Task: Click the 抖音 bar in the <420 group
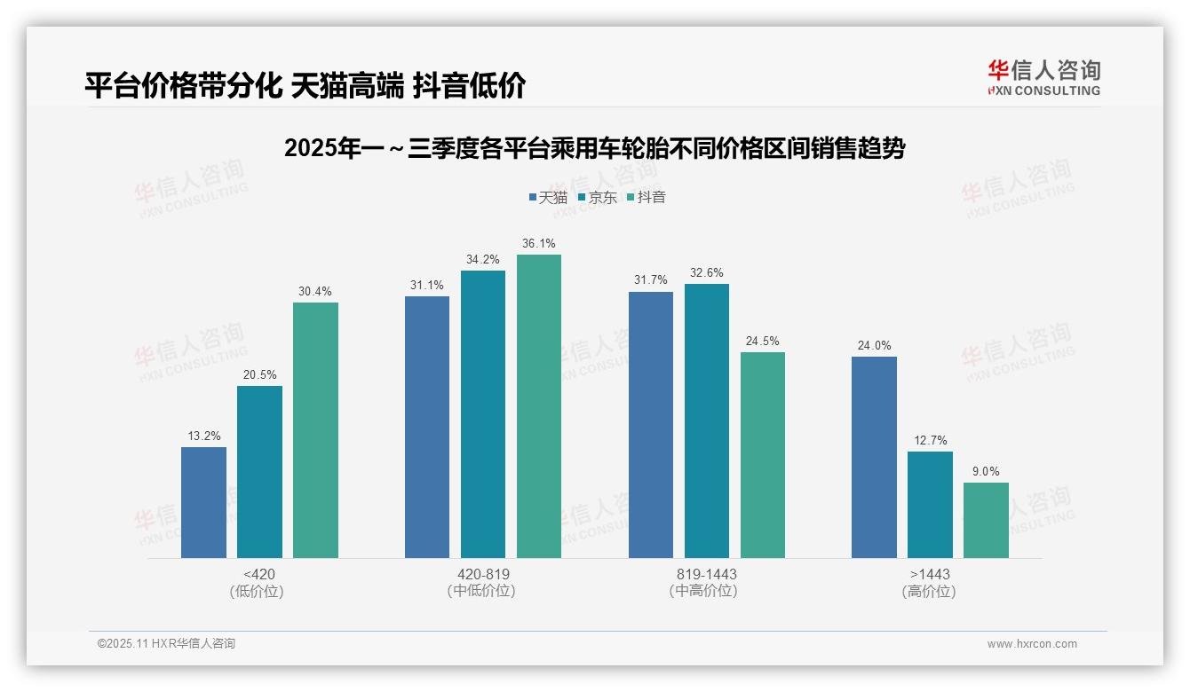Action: [x=315, y=430]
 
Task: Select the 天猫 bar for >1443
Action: [x=874, y=457]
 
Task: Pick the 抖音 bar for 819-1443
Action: [x=763, y=455]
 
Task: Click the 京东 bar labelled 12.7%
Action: [x=930, y=505]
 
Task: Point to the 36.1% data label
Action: [x=539, y=244]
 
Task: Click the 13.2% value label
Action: [x=203, y=436]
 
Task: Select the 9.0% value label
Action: [x=986, y=472]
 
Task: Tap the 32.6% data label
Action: [x=707, y=273]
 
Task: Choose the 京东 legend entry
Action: [x=597, y=197]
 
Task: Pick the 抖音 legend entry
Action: [x=647, y=197]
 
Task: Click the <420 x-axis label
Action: [x=258, y=574]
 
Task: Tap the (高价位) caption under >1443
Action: [x=929, y=591]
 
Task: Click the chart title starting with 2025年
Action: [x=594, y=148]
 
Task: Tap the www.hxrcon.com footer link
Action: [x=1032, y=644]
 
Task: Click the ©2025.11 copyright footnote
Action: [x=166, y=644]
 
